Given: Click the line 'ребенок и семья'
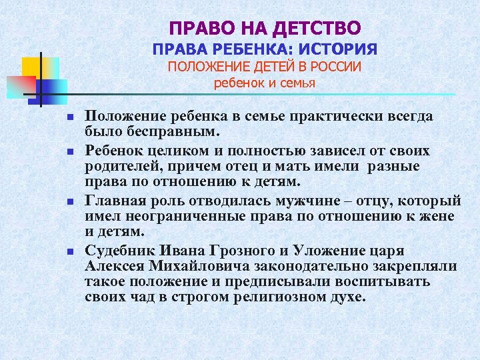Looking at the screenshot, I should point(265,83).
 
